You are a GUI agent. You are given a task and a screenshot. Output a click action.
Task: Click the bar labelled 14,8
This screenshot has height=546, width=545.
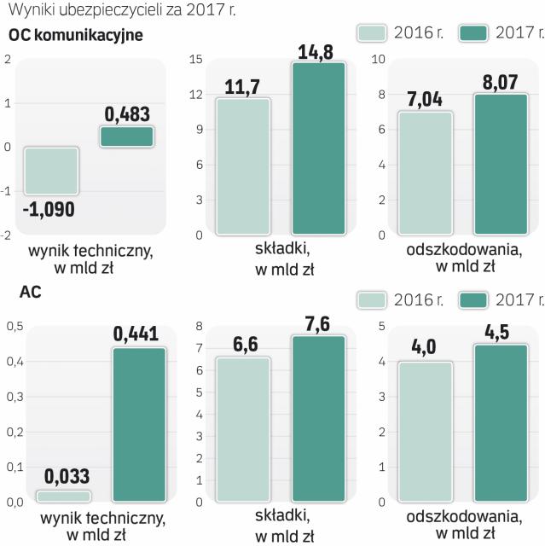[x=319, y=148]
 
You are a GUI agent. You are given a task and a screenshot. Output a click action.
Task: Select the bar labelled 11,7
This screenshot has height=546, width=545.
[x=242, y=166]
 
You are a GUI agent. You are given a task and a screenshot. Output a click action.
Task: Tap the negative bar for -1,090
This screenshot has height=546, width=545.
[x=52, y=171]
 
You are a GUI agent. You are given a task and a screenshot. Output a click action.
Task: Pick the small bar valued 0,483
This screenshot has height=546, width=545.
[x=126, y=136]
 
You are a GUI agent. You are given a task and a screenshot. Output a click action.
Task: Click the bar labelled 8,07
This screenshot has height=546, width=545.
[x=502, y=164]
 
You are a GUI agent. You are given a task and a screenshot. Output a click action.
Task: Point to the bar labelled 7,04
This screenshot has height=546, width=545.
[x=425, y=173]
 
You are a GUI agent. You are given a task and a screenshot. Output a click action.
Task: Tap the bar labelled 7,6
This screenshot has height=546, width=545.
[x=319, y=418]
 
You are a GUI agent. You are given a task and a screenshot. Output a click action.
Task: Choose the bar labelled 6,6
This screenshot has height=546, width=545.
[x=242, y=429]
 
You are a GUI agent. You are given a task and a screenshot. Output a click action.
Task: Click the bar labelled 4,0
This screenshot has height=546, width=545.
[x=425, y=432]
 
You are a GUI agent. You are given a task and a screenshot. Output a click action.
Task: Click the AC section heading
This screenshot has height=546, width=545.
[x=31, y=292]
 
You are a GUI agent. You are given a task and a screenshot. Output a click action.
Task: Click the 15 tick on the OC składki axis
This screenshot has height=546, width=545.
[x=194, y=59]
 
